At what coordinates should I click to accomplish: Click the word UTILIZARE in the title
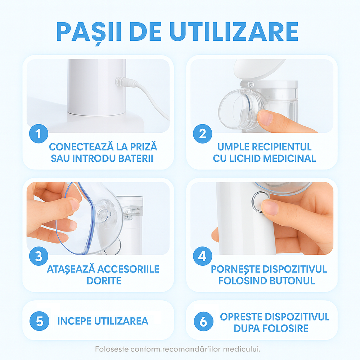coord(234,32)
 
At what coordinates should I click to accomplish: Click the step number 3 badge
coord(38,257)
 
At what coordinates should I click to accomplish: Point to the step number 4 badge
coord(202,257)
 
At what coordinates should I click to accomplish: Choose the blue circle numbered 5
coord(38,321)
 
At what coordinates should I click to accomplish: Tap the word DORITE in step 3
coord(104,281)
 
